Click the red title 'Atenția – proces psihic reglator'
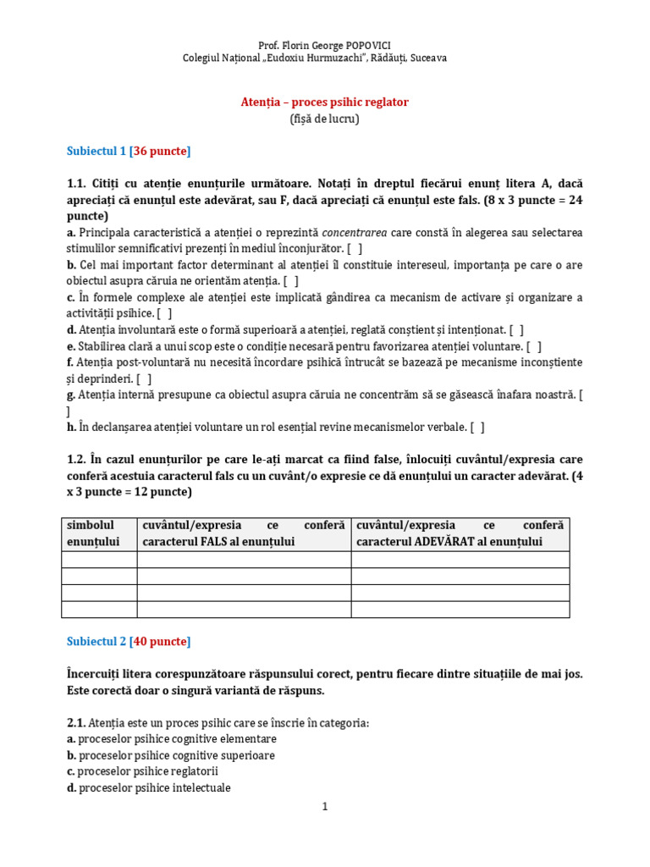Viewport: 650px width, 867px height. click(x=325, y=102)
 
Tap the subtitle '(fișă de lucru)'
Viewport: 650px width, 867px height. click(x=325, y=119)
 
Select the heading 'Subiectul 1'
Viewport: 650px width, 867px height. click(x=96, y=151)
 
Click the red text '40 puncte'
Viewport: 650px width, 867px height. click(x=160, y=641)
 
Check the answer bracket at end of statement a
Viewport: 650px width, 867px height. click(x=355, y=248)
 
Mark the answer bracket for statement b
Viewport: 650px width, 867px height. click(x=290, y=281)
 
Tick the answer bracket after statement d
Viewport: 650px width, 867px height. click(x=515, y=329)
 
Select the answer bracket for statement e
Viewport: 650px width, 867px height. click(x=533, y=345)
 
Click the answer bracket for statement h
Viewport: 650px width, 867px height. click(x=477, y=427)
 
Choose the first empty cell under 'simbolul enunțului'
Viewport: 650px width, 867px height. click(x=100, y=560)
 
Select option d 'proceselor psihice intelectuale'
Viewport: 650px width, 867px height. click(x=154, y=787)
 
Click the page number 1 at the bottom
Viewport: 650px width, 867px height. click(x=325, y=807)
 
